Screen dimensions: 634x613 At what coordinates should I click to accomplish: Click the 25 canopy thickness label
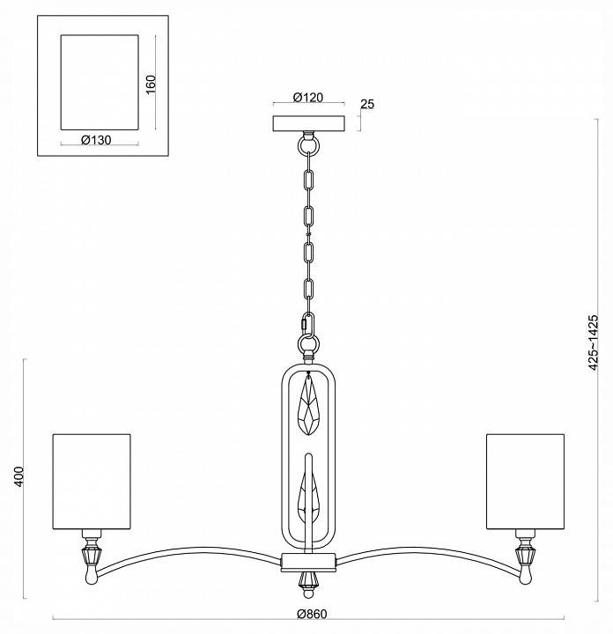coord(368,105)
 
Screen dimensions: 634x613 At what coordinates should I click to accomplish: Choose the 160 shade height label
coord(151,84)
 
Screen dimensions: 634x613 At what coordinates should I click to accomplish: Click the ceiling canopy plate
coord(307,123)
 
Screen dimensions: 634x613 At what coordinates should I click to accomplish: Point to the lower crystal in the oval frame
coord(307,498)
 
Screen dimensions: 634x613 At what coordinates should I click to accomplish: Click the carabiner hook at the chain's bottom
coord(307,326)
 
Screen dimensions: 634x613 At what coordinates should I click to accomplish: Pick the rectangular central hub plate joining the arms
coord(307,561)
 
